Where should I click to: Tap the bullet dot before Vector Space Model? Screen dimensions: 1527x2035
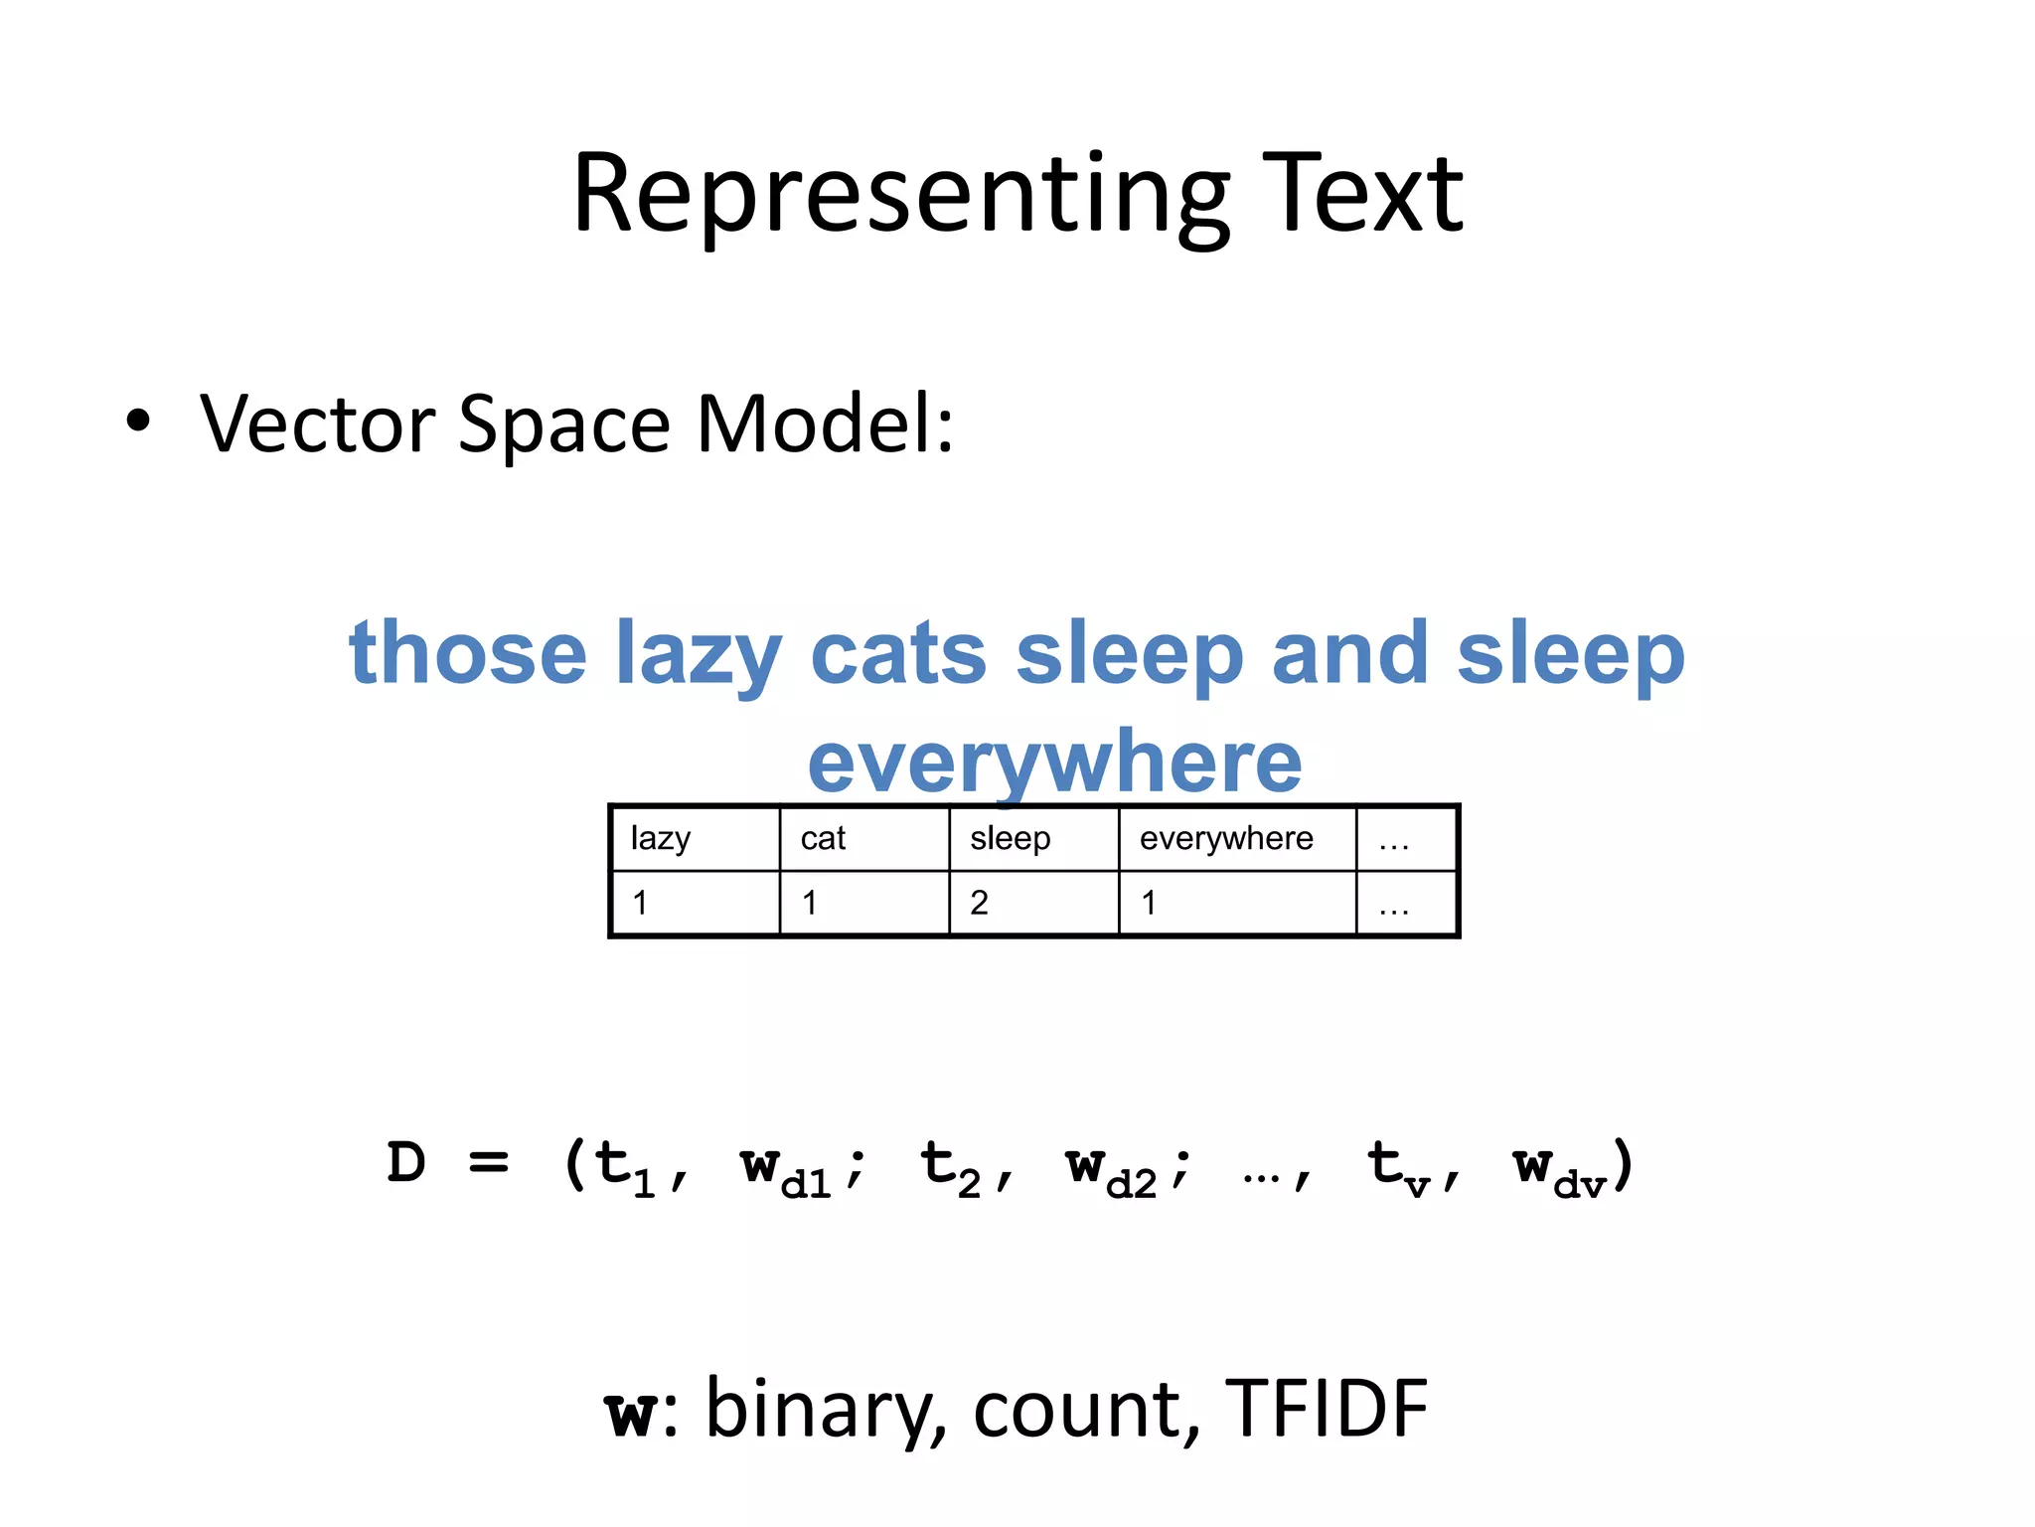[138, 421]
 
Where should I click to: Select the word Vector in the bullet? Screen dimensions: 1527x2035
[318, 424]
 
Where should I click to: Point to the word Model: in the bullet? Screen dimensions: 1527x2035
[825, 424]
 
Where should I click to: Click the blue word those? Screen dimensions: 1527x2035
[468, 653]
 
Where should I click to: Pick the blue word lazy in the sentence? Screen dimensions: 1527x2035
[699, 656]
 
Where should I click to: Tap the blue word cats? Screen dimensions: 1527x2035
[898, 653]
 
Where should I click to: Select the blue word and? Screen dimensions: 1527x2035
[1349, 653]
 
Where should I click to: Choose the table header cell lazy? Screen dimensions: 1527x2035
[661, 839]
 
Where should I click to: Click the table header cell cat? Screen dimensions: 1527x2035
[823, 839]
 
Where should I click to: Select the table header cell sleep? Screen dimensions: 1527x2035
[1010, 839]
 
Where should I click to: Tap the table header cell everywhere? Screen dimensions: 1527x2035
[1226, 839]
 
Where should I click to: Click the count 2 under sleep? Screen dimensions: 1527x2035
[979, 903]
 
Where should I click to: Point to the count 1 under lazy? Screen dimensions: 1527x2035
[640, 903]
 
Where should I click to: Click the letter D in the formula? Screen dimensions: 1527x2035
[406, 1163]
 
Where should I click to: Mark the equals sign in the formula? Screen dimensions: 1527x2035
[489, 1162]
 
